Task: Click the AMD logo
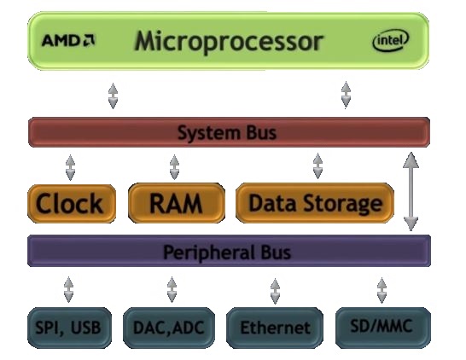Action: (x=68, y=40)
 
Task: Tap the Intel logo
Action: (x=391, y=40)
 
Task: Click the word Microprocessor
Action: (x=229, y=42)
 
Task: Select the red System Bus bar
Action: (x=229, y=132)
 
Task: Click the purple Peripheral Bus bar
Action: (x=229, y=251)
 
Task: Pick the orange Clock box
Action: (x=72, y=204)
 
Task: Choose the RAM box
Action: (x=177, y=203)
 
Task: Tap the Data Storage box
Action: (x=315, y=203)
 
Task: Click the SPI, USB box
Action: (x=69, y=328)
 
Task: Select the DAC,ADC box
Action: (x=169, y=328)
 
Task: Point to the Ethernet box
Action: (x=275, y=328)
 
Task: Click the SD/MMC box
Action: (x=383, y=328)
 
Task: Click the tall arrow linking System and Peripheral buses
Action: (x=411, y=191)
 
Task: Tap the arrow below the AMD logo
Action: (x=113, y=96)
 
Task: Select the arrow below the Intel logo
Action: (x=346, y=95)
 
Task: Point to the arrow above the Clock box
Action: (x=70, y=167)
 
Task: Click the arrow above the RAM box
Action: (x=174, y=166)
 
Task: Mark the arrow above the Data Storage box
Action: (x=317, y=165)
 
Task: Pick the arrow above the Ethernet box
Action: (x=275, y=291)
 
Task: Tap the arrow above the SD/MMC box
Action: (x=382, y=290)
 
